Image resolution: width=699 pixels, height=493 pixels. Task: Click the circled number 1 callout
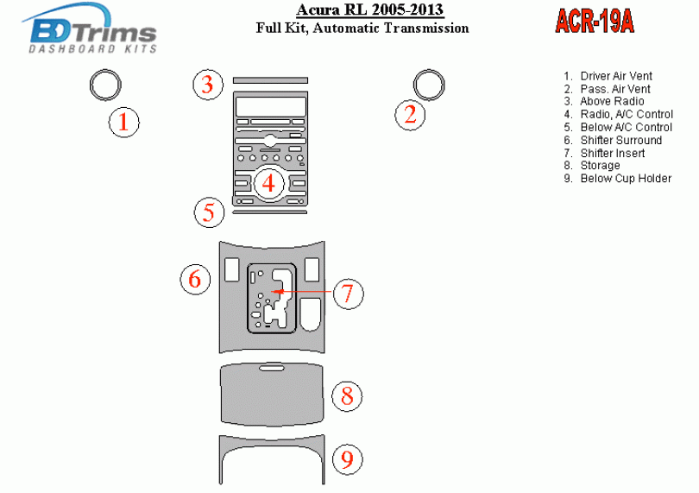click(123, 123)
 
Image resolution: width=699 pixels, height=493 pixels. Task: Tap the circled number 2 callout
click(411, 114)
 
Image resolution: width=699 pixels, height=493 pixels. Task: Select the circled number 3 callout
click(207, 85)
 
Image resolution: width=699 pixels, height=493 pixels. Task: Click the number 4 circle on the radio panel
click(269, 183)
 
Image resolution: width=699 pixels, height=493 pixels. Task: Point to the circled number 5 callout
click(209, 212)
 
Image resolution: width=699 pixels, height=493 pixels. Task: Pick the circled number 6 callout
click(195, 279)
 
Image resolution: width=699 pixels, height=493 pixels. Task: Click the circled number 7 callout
click(347, 294)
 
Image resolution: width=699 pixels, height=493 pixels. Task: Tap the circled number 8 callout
click(347, 396)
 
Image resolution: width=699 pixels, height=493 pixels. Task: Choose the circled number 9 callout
click(347, 459)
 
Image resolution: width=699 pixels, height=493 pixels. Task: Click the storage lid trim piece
click(272, 394)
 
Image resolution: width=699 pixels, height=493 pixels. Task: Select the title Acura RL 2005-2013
click(370, 10)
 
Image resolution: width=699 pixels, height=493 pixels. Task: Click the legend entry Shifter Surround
click(620, 140)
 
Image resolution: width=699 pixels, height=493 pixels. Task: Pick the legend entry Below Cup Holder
click(625, 178)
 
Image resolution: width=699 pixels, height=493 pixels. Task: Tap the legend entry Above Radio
click(612, 101)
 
